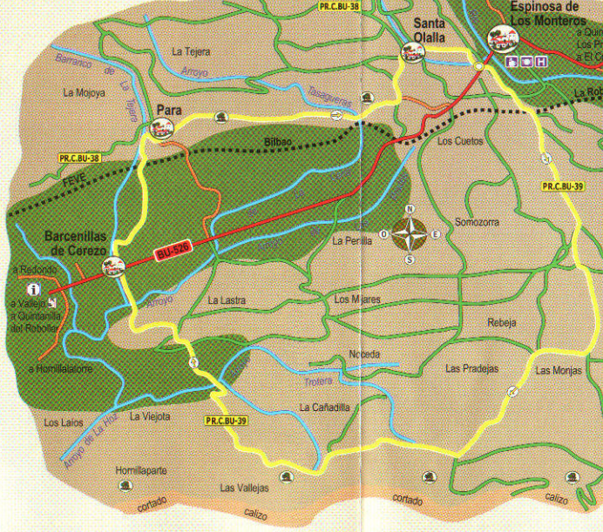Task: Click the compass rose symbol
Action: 410,234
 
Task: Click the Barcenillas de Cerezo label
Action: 78,243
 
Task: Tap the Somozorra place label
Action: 478,222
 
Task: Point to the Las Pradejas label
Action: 471,368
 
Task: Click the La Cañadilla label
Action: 324,407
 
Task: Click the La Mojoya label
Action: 85,91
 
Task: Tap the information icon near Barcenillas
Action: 34,289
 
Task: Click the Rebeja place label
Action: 501,322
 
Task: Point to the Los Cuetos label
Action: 458,140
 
